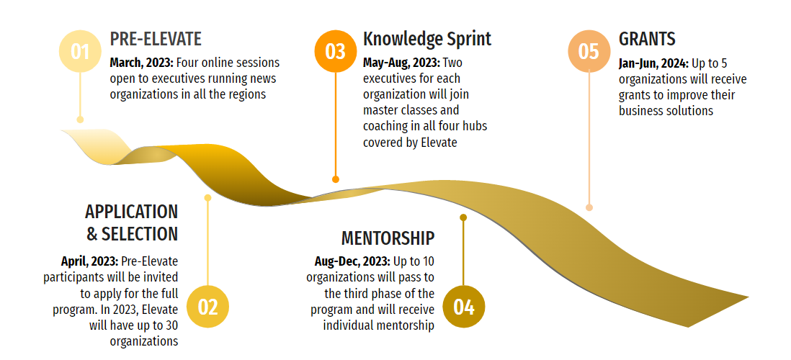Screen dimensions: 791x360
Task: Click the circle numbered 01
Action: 80,51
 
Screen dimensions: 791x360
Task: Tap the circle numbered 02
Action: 208,307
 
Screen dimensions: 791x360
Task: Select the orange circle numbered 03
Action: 336,51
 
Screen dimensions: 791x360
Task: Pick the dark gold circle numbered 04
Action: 464,307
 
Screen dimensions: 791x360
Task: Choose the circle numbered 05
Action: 589,51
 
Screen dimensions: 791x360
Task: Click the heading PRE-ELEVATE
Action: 156,39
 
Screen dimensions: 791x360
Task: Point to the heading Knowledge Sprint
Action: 427,39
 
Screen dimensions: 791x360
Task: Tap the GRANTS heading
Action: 647,39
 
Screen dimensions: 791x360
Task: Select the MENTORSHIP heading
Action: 388,238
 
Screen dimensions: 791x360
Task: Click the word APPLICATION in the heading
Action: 131,212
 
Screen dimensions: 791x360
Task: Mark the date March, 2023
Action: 142,63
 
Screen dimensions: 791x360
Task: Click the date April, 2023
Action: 90,261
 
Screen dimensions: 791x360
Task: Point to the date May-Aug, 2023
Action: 401,63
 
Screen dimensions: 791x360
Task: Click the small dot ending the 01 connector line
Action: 80,120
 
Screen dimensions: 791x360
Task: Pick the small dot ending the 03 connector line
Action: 336,179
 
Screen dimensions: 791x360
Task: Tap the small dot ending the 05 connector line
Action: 589,207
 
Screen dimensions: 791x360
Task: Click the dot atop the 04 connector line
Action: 463,217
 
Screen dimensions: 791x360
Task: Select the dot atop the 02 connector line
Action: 207,198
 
